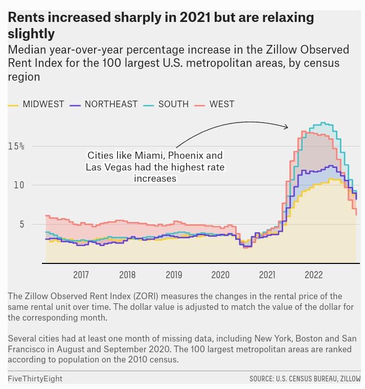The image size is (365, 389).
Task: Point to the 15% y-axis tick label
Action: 16,147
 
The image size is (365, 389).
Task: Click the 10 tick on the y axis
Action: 19,185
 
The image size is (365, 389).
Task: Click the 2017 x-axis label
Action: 81,275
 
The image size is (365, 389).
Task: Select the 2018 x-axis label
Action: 127,275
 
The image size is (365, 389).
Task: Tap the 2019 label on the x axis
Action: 174,275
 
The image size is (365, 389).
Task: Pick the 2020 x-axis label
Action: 220,275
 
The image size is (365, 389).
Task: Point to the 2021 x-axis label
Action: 267,275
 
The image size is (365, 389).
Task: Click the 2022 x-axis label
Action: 313,275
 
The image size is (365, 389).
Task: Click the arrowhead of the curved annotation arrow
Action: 286,127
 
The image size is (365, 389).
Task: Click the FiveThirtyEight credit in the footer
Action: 35,379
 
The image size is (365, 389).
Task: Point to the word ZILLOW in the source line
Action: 348,379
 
